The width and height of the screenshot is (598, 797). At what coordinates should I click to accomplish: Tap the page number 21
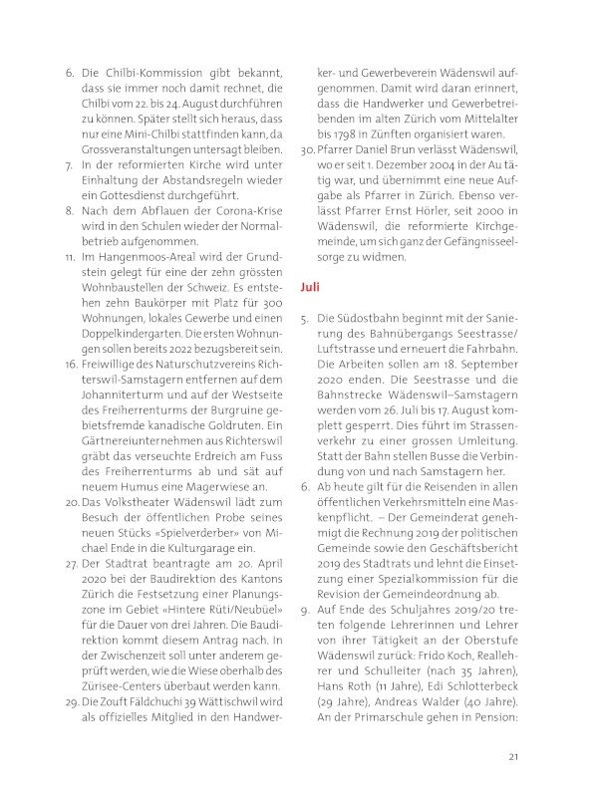(514, 756)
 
